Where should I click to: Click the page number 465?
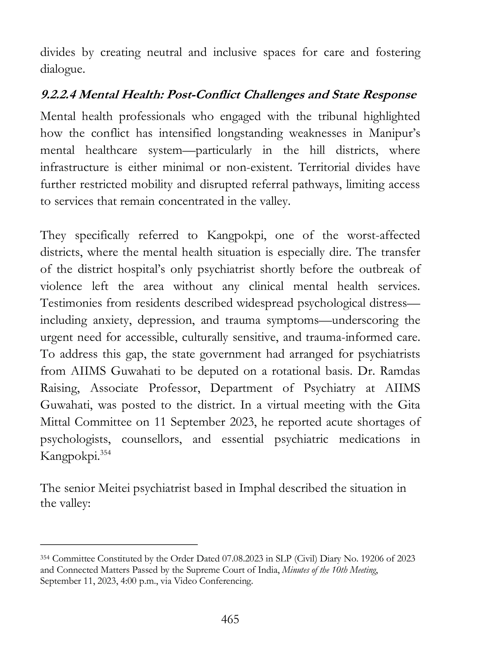click(230, 619)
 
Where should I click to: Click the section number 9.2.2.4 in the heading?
click(58, 95)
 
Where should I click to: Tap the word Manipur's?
click(394, 133)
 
